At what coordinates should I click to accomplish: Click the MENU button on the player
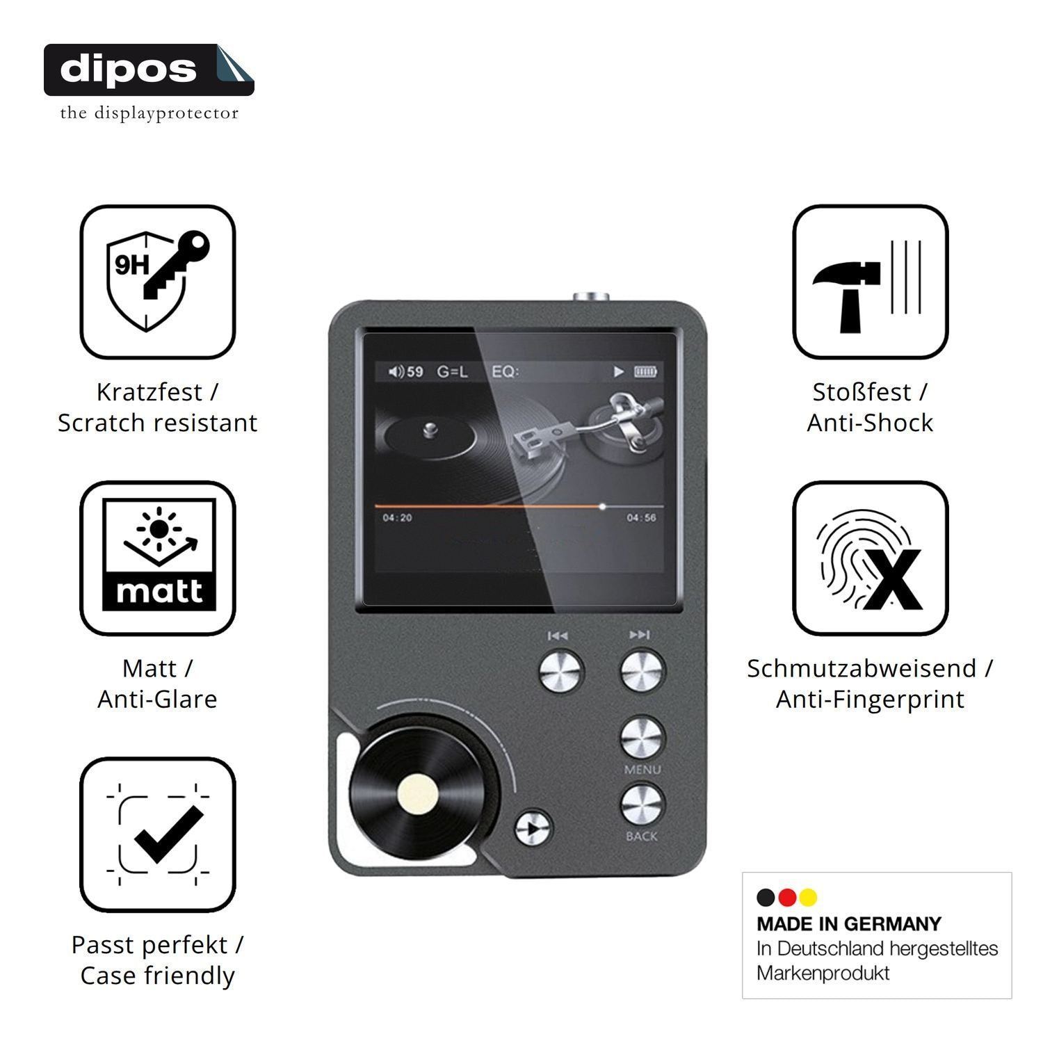click(642, 738)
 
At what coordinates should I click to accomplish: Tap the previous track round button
click(562, 671)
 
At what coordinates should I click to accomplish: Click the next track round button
click(642, 671)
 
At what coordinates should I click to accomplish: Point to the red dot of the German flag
click(787, 898)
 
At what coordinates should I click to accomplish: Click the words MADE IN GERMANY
click(849, 924)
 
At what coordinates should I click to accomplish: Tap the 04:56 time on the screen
click(640, 518)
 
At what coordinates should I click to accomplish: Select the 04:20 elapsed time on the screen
click(397, 518)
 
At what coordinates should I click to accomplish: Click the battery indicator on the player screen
click(645, 372)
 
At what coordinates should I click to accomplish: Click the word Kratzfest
click(149, 392)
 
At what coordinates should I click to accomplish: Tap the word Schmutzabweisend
click(862, 668)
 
